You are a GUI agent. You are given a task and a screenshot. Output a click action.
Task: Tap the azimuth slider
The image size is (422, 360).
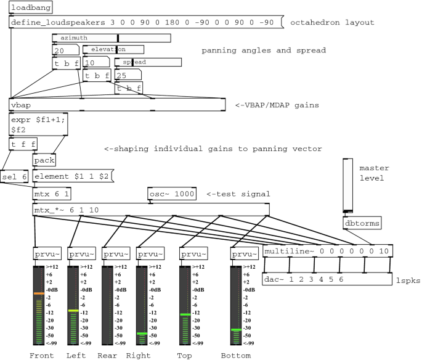(112, 38)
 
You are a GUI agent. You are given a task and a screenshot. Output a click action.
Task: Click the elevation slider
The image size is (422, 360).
(113, 49)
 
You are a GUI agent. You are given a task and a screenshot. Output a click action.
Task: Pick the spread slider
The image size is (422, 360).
(148, 62)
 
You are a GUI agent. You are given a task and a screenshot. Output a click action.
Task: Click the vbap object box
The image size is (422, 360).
(118, 105)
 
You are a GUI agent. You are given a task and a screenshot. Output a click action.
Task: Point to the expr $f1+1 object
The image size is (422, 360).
(38, 126)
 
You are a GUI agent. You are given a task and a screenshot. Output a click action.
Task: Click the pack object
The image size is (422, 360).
(44, 160)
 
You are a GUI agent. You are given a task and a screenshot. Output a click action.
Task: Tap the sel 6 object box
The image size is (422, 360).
(14, 177)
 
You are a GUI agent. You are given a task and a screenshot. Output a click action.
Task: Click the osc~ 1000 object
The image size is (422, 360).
(171, 194)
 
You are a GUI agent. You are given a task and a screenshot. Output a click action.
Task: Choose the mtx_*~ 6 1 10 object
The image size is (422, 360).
(150, 210)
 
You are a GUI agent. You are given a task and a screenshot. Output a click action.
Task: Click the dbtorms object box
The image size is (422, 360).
(362, 223)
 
